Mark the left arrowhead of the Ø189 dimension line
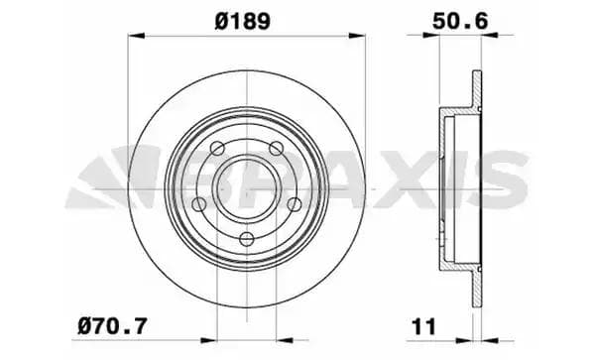pyautogui.click(x=133, y=39)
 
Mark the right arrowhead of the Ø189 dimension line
pyautogui.click(x=362, y=39)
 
